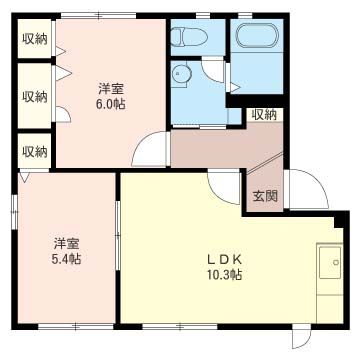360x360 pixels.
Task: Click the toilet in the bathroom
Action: (x=186, y=39)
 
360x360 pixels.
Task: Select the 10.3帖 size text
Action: (x=225, y=275)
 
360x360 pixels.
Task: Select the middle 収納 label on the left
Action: (x=34, y=97)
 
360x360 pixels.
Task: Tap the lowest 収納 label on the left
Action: (x=34, y=151)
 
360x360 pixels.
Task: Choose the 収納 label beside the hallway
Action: (x=264, y=115)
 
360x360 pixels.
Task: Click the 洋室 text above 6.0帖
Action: (x=111, y=87)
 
